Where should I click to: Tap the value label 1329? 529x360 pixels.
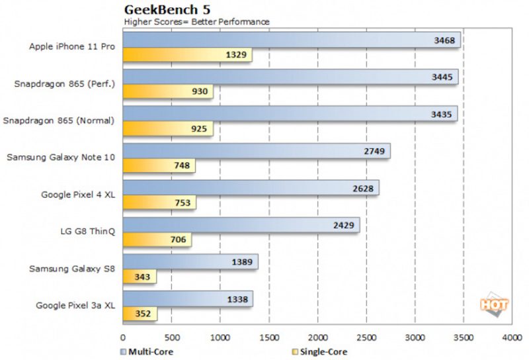[x=237, y=55]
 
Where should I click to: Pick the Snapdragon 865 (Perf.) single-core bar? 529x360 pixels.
[x=167, y=92]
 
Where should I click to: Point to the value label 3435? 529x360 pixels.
[x=440, y=114]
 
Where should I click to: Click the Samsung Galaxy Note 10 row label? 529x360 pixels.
[x=61, y=157]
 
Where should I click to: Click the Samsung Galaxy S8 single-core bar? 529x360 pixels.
[x=139, y=277]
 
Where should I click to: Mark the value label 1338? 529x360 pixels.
[x=237, y=300]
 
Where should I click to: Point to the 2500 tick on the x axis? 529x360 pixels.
[x=366, y=337]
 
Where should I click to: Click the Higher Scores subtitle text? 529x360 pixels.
[x=196, y=22]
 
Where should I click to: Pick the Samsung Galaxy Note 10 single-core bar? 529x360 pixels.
[x=159, y=165]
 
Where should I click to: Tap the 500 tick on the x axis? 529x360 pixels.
[x=171, y=337]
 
